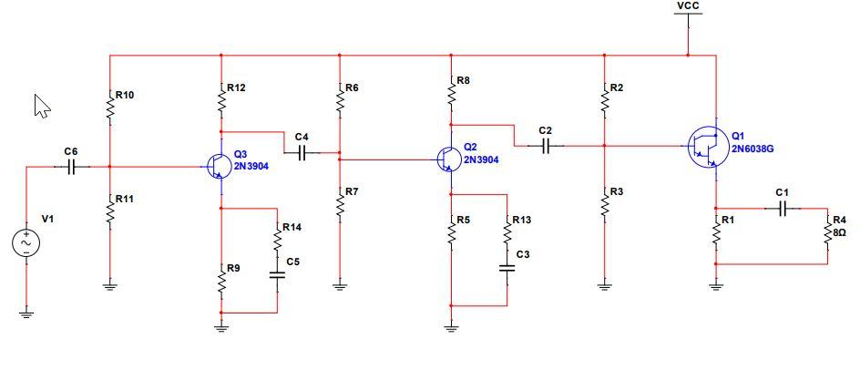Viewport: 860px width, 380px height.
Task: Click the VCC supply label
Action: pos(689,6)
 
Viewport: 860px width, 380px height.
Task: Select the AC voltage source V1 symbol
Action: pos(26,243)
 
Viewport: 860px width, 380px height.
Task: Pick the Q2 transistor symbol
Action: pos(448,159)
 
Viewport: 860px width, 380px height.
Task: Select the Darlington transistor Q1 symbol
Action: pos(706,146)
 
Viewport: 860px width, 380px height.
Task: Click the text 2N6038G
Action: pos(752,149)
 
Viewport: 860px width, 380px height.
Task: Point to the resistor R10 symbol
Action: pos(110,107)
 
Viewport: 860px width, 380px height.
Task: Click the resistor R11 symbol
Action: pos(110,211)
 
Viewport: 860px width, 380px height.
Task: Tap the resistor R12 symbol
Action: pos(220,99)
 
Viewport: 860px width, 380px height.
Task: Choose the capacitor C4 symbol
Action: pos(302,152)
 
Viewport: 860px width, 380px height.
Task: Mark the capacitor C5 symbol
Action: pos(278,274)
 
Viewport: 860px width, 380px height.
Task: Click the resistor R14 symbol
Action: pos(278,239)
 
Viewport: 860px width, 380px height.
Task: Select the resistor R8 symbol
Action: pos(451,93)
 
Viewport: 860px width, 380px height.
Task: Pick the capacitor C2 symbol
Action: pos(546,146)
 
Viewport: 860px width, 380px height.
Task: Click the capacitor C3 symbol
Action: pos(507,267)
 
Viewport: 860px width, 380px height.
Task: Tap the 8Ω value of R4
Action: pos(839,232)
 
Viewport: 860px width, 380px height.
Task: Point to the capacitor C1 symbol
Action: pos(783,208)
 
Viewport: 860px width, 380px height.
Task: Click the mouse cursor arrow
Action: pos(42,106)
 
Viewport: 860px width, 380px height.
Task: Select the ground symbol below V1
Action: pos(26,314)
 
